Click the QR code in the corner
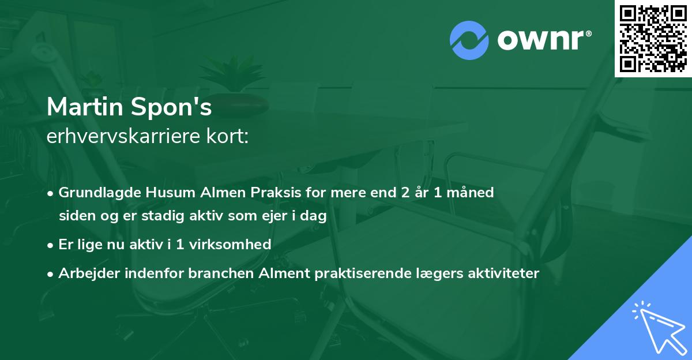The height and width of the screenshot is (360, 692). coord(653,38)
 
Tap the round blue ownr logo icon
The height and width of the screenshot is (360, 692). coord(469,40)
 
